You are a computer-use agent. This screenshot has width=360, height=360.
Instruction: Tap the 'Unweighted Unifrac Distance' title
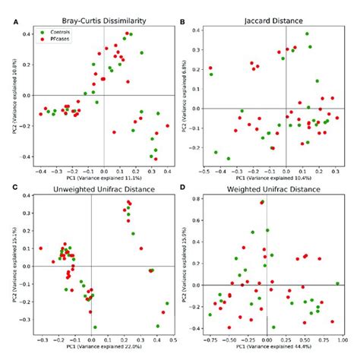tap(92, 187)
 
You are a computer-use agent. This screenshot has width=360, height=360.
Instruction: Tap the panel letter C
tap(7, 188)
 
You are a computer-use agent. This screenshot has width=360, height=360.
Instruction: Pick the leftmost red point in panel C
tap(41, 248)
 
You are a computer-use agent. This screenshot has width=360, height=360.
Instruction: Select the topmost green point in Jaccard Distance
tap(307, 34)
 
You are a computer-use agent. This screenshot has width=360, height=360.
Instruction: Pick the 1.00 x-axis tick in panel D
tap(339, 341)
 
